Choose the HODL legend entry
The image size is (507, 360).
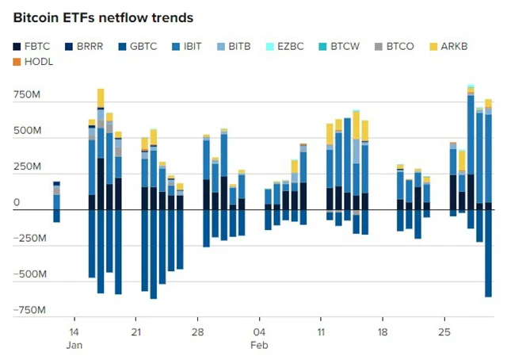pos(36,62)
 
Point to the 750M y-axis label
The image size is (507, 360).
pos(27,95)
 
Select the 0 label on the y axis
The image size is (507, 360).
pos(17,203)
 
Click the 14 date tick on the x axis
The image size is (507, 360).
pos(74,331)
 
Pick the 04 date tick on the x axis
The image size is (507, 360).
pos(259,331)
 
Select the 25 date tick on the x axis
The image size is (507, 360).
pos(444,331)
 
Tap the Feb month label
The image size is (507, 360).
pos(259,345)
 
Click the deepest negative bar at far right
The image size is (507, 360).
pos(489,254)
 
